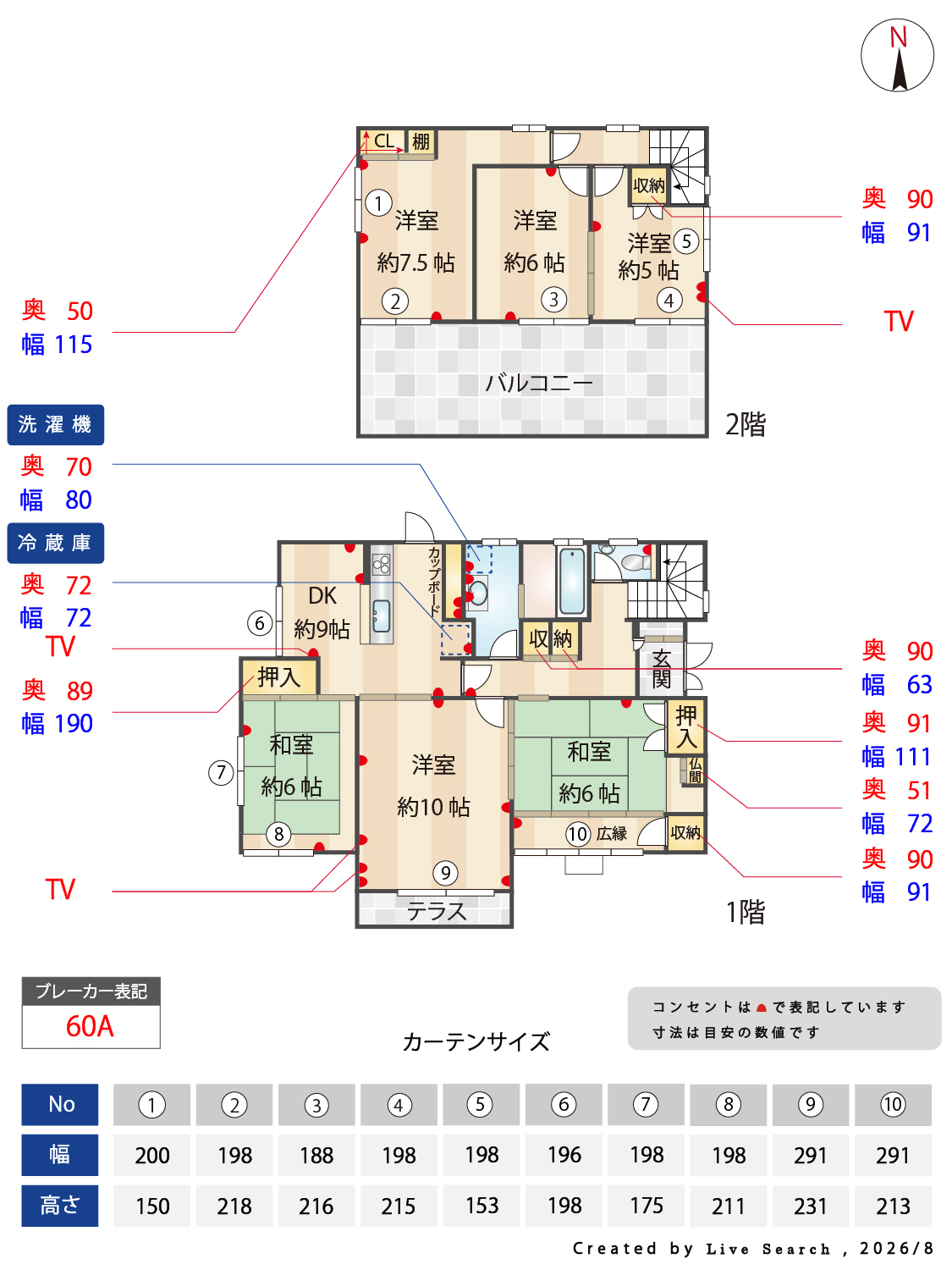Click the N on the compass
[x=897, y=37]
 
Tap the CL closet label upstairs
[x=384, y=141]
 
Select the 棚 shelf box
[x=421, y=141]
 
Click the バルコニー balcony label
[x=538, y=383]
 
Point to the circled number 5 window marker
[x=685, y=241]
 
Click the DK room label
[x=322, y=595]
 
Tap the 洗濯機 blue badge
[x=56, y=424]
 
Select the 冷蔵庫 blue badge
[x=56, y=543]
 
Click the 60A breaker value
[x=90, y=1026]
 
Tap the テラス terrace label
[x=436, y=911]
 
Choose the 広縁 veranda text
[x=612, y=833]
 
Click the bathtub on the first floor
[x=572, y=580]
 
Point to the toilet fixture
[x=634, y=562]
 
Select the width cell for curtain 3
[x=316, y=1155]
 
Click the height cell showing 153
[x=482, y=1205]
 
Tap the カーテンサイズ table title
[x=476, y=1041]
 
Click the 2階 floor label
[x=745, y=425]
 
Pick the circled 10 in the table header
[x=893, y=1104]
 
